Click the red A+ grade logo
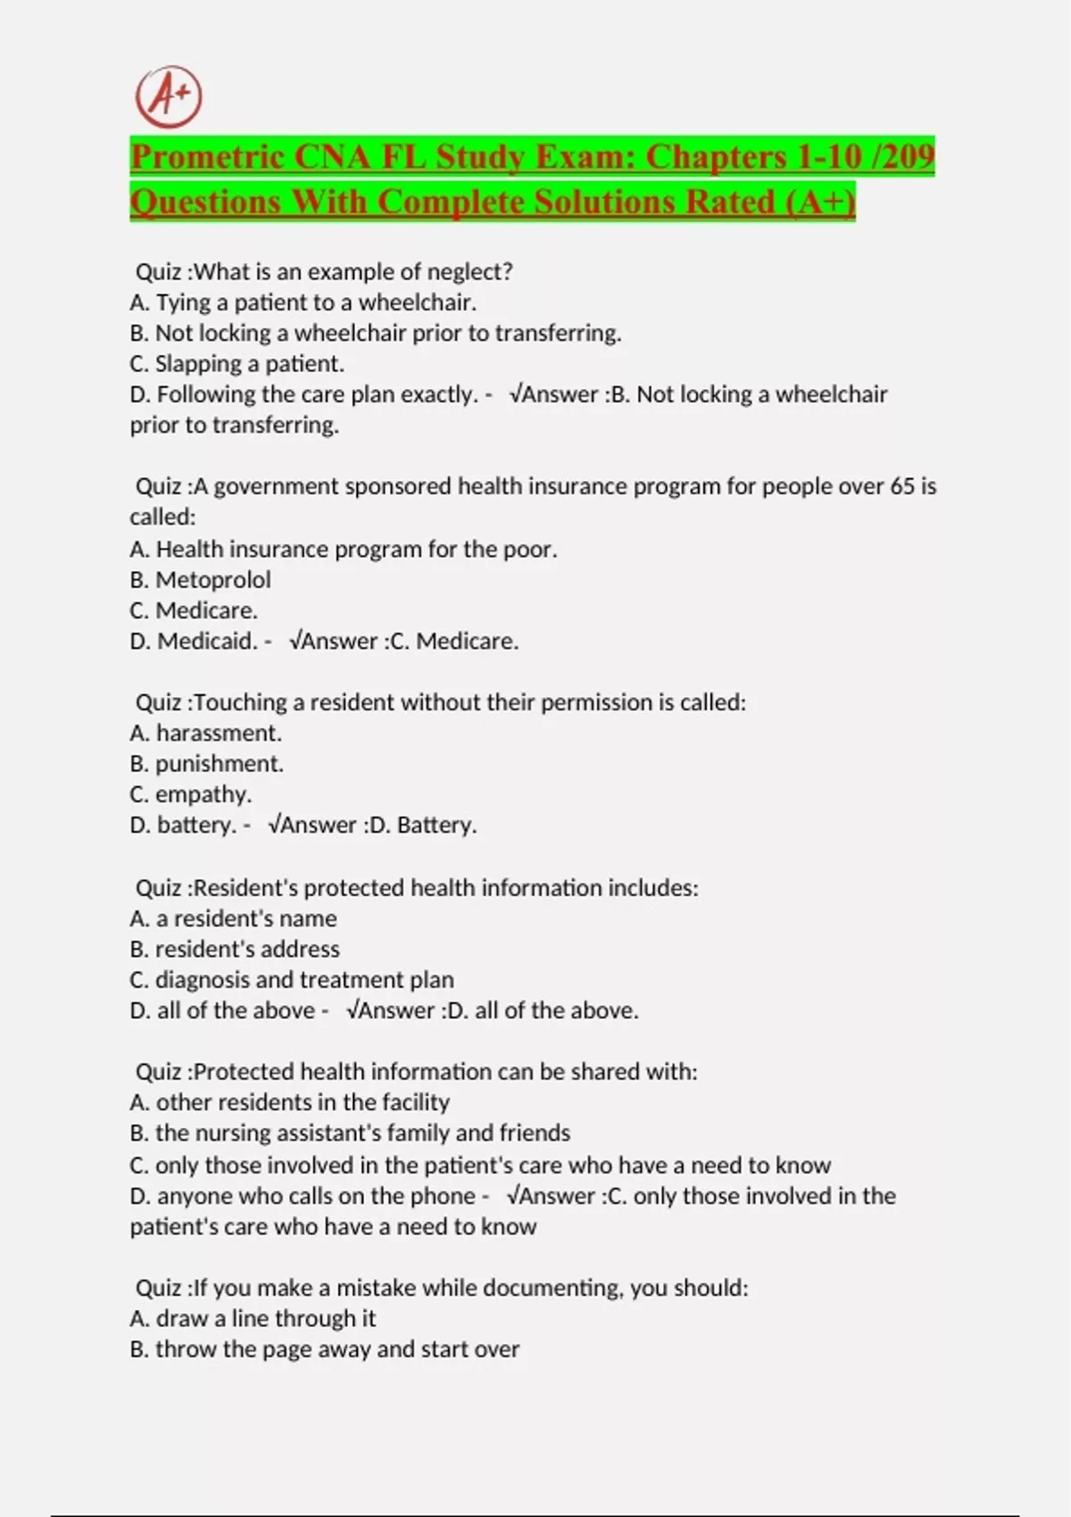point(169,96)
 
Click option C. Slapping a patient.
point(237,364)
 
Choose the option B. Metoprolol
point(200,580)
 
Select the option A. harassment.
point(205,734)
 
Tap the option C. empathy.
point(190,794)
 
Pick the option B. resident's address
point(235,949)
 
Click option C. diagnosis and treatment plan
point(292,980)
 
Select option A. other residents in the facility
point(289,1103)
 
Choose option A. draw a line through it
point(253,1319)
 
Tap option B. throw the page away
point(324,1349)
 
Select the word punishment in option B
point(219,764)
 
